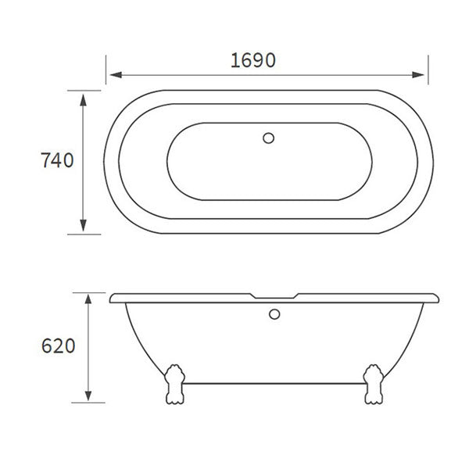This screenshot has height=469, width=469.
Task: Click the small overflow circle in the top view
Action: pyautogui.click(x=270, y=140)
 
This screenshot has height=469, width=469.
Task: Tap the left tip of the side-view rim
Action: pyautogui.click(x=113, y=299)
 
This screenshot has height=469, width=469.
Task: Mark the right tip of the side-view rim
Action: pyautogui.click(x=438, y=299)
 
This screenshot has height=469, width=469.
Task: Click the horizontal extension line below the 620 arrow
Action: pyautogui.click(x=88, y=403)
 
